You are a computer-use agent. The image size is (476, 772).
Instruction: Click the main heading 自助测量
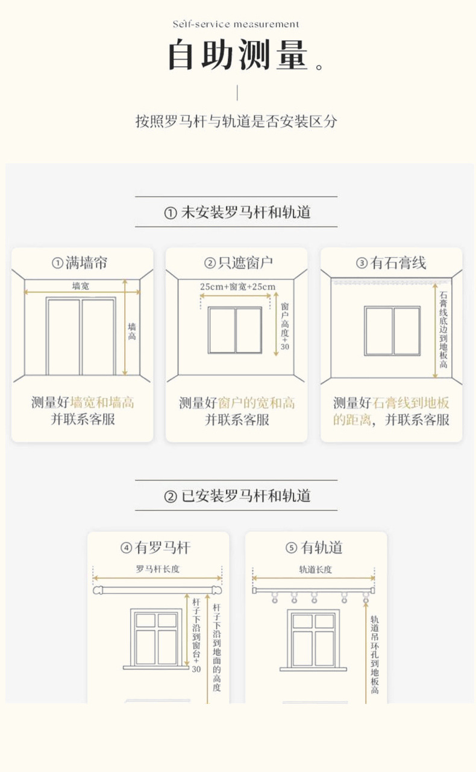(x=238, y=55)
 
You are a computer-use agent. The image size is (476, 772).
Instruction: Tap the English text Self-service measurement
(x=236, y=24)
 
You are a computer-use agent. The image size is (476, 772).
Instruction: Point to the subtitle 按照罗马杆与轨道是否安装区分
(x=236, y=121)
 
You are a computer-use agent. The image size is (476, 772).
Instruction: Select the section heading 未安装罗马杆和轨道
(x=237, y=212)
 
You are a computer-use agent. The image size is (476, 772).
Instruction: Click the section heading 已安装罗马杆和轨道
(x=237, y=496)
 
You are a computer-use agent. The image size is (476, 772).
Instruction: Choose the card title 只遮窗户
(x=238, y=263)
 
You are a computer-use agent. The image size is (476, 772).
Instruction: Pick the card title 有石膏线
(x=391, y=263)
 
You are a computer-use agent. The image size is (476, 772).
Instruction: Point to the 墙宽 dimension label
(x=81, y=285)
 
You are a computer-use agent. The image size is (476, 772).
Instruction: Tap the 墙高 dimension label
(x=132, y=331)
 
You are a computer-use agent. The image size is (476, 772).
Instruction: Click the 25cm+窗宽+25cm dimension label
(x=237, y=287)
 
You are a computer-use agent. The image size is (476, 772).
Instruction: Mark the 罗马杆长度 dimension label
(x=158, y=568)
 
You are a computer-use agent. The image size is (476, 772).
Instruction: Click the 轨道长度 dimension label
(x=316, y=568)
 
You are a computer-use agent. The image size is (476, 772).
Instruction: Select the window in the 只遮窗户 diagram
(x=235, y=330)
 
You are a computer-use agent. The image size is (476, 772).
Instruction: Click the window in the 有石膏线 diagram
(x=392, y=331)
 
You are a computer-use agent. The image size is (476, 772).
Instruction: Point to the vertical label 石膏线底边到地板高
(x=443, y=330)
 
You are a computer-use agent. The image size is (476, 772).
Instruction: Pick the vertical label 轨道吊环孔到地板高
(x=374, y=653)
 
